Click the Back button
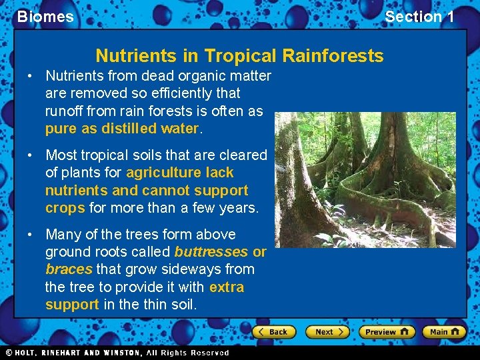click(x=274, y=331)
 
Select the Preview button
click(x=387, y=331)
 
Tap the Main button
click(x=445, y=331)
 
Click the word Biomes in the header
click(x=45, y=17)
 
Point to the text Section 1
click(x=419, y=17)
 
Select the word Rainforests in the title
click(x=333, y=55)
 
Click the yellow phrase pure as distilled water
click(x=121, y=128)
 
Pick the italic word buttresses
click(x=211, y=252)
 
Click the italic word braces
click(x=69, y=269)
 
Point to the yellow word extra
click(x=226, y=287)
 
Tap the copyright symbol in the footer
click(x=9, y=353)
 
